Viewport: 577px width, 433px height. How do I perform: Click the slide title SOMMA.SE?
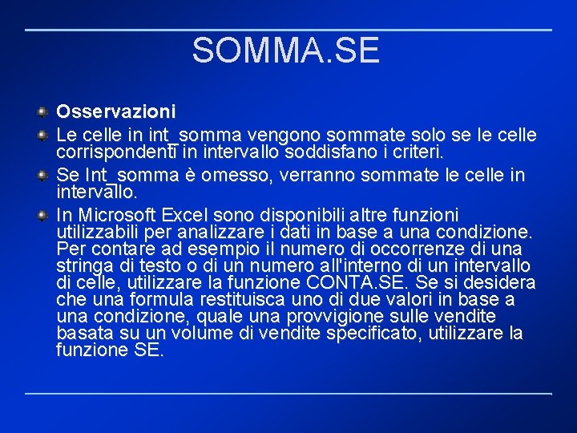[285, 51]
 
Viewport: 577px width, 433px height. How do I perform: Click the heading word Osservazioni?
[115, 110]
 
